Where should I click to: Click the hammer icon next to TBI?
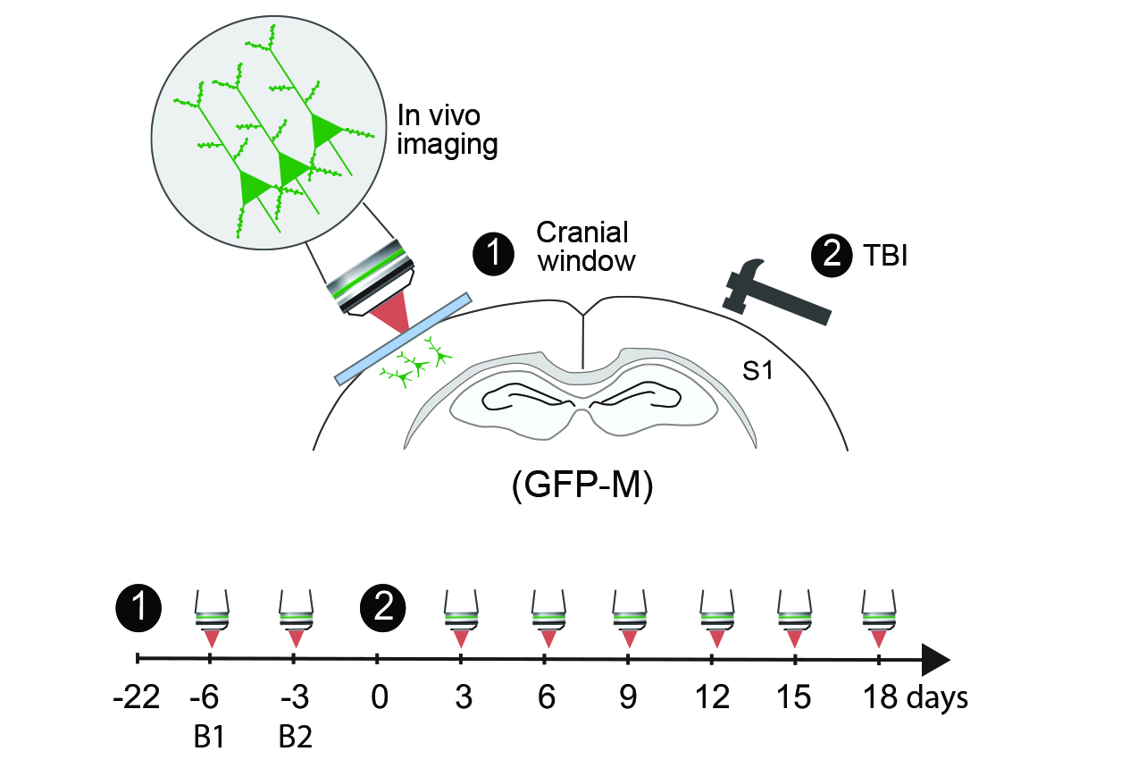775,294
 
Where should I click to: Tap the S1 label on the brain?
757,371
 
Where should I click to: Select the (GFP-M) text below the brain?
582,485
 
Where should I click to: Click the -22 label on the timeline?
136,697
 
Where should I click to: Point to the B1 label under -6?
209,737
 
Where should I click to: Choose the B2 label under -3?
296,737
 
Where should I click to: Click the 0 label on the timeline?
380,697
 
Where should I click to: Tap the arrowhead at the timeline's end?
935,659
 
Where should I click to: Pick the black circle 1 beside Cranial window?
493,254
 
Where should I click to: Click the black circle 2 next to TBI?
832,255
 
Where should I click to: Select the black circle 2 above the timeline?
383,608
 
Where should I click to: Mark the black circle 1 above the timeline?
138,608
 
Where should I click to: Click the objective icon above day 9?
630,618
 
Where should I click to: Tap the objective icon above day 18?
879,618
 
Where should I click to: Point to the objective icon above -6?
212,618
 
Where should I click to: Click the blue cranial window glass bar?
403,339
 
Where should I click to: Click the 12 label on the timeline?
712,697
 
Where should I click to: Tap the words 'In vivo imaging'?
447,131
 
